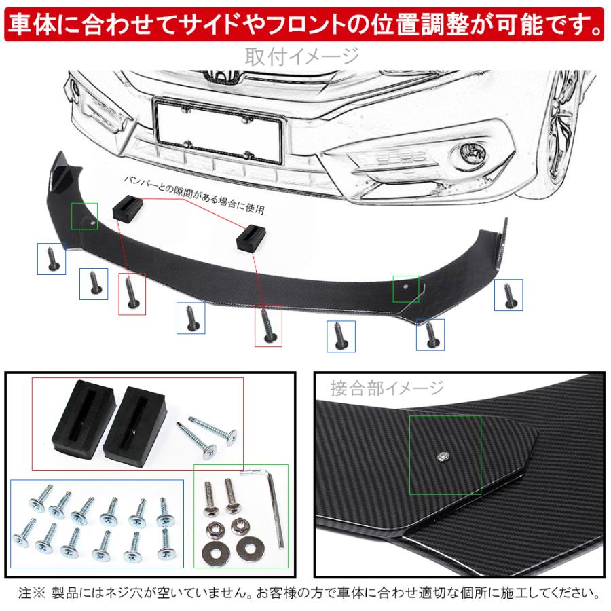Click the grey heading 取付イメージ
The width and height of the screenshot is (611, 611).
click(302, 56)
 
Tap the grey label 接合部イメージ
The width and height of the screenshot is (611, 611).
click(386, 388)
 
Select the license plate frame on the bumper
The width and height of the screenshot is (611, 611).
click(218, 130)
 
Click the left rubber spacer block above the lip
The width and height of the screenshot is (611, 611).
click(128, 207)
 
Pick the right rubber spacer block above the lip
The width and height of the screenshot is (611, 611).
click(251, 238)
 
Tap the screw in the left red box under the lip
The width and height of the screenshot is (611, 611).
click(131, 293)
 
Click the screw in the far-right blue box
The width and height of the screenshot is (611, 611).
click(508, 295)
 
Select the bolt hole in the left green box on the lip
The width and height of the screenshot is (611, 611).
click(92, 223)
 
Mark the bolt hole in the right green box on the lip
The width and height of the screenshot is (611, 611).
click(405, 286)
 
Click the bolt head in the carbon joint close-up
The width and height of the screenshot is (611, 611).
click(443, 456)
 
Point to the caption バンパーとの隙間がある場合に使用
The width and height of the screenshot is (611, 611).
click(194, 194)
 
